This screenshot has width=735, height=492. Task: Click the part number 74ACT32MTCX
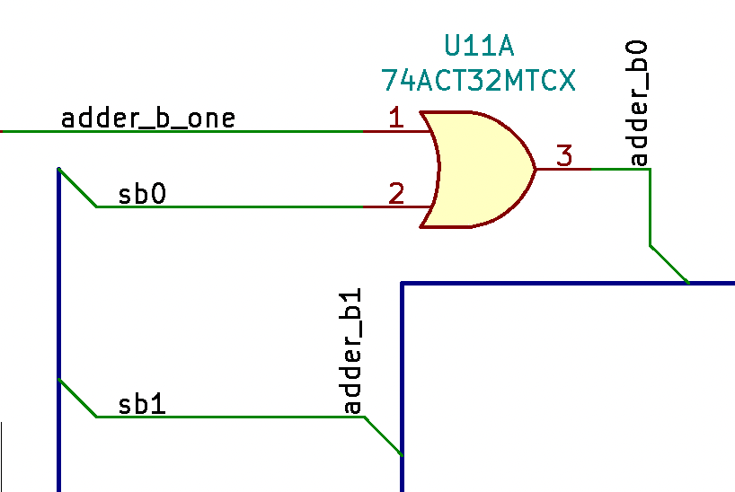tap(478, 81)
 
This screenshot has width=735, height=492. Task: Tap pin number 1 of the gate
tap(395, 117)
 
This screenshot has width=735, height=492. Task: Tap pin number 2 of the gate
tap(395, 192)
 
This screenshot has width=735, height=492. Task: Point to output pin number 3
tap(563, 155)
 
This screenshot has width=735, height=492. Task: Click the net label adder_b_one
tap(148, 118)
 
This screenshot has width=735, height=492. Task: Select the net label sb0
tap(142, 194)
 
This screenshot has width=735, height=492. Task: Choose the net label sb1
tap(142, 404)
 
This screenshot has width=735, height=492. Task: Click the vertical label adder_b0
tap(638, 103)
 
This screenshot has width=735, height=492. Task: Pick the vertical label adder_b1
tap(352, 352)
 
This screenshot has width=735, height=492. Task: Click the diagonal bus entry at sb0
tap(77, 188)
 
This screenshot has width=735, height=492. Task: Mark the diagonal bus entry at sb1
tap(77, 399)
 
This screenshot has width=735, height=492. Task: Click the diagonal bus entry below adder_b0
tap(669, 264)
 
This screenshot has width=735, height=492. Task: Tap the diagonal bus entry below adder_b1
tap(383, 436)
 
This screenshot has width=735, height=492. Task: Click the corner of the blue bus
tap(402, 284)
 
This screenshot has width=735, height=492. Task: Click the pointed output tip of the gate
tap(535, 169)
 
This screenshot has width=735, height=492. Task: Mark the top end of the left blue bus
tap(58, 170)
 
